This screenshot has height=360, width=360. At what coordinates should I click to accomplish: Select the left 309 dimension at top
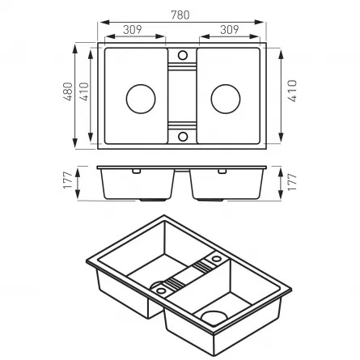[x=132, y=29]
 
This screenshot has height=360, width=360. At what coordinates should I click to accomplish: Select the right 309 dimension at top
[x=230, y=29]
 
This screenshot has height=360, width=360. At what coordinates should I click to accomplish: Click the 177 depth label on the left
[x=68, y=181]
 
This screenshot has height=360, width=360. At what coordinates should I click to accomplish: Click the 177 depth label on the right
[x=292, y=181]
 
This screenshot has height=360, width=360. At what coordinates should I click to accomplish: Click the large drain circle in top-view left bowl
[x=140, y=99]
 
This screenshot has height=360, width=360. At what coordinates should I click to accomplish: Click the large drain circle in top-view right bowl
[x=225, y=99]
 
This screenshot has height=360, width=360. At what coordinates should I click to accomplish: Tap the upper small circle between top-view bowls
[x=182, y=55]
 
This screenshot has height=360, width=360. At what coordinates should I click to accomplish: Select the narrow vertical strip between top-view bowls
[x=182, y=95]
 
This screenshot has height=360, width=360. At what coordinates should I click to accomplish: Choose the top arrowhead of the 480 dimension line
[x=76, y=47]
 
